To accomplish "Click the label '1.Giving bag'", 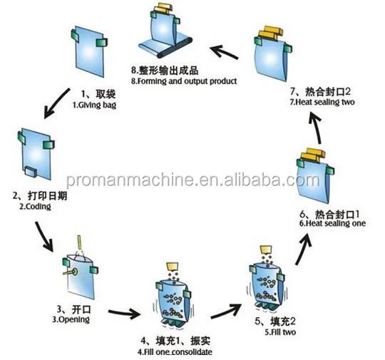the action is point(94,105).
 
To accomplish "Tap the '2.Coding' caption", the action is point(35,207).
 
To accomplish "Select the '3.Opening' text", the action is point(71,319).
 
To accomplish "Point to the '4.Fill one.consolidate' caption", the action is point(175,351).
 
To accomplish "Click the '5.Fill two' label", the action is point(280,332).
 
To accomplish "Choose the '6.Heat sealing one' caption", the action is point(332,223).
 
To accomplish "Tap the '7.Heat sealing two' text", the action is point(322,102).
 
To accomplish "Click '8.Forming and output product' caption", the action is point(184,81).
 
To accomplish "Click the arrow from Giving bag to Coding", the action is point(57,103).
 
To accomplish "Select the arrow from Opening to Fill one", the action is point(124,313).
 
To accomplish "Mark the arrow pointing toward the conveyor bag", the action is point(224,52).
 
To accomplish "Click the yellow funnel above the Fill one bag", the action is point(173,266).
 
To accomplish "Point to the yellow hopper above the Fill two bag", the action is point(266,250).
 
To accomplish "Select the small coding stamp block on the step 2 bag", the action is point(31,171).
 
